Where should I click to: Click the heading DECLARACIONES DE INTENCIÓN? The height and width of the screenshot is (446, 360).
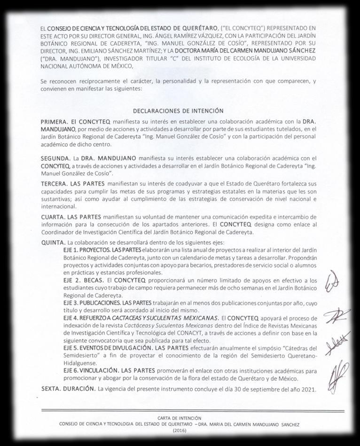click(178, 111)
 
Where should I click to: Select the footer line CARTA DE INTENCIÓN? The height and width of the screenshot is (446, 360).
click(180, 418)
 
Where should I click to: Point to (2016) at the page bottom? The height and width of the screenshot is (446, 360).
click(180, 430)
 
